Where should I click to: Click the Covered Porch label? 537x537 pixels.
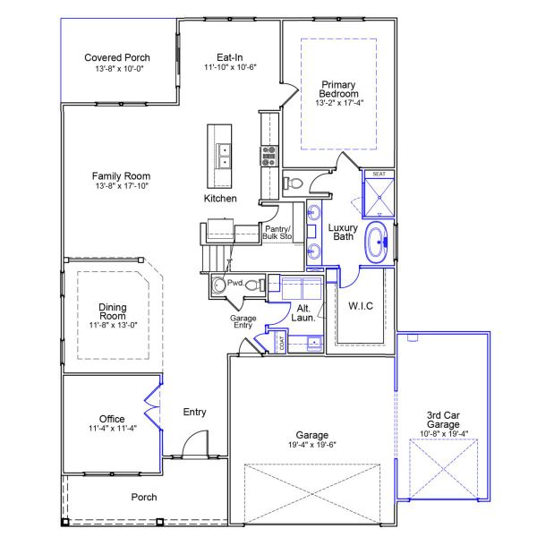pos(117,57)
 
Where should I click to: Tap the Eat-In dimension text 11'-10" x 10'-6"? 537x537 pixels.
pos(230,67)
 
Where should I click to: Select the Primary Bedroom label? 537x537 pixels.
pos(339,89)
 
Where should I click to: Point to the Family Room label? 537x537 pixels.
pos(123,176)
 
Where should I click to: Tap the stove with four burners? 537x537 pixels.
pos(268,157)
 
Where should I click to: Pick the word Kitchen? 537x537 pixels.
pos(220,198)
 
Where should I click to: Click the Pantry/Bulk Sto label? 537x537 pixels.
pos(278,233)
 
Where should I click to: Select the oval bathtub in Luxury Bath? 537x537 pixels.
pos(376,243)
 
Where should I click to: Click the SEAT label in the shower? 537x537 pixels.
pos(379,175)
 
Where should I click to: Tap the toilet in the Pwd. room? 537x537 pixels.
pos(254,286)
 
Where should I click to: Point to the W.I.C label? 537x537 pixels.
pos(361,305)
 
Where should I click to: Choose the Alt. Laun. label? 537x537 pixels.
pos(304,313)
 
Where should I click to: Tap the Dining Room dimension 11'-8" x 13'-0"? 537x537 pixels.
pos(112,325)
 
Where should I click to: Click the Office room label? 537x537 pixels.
pos(112,419)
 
